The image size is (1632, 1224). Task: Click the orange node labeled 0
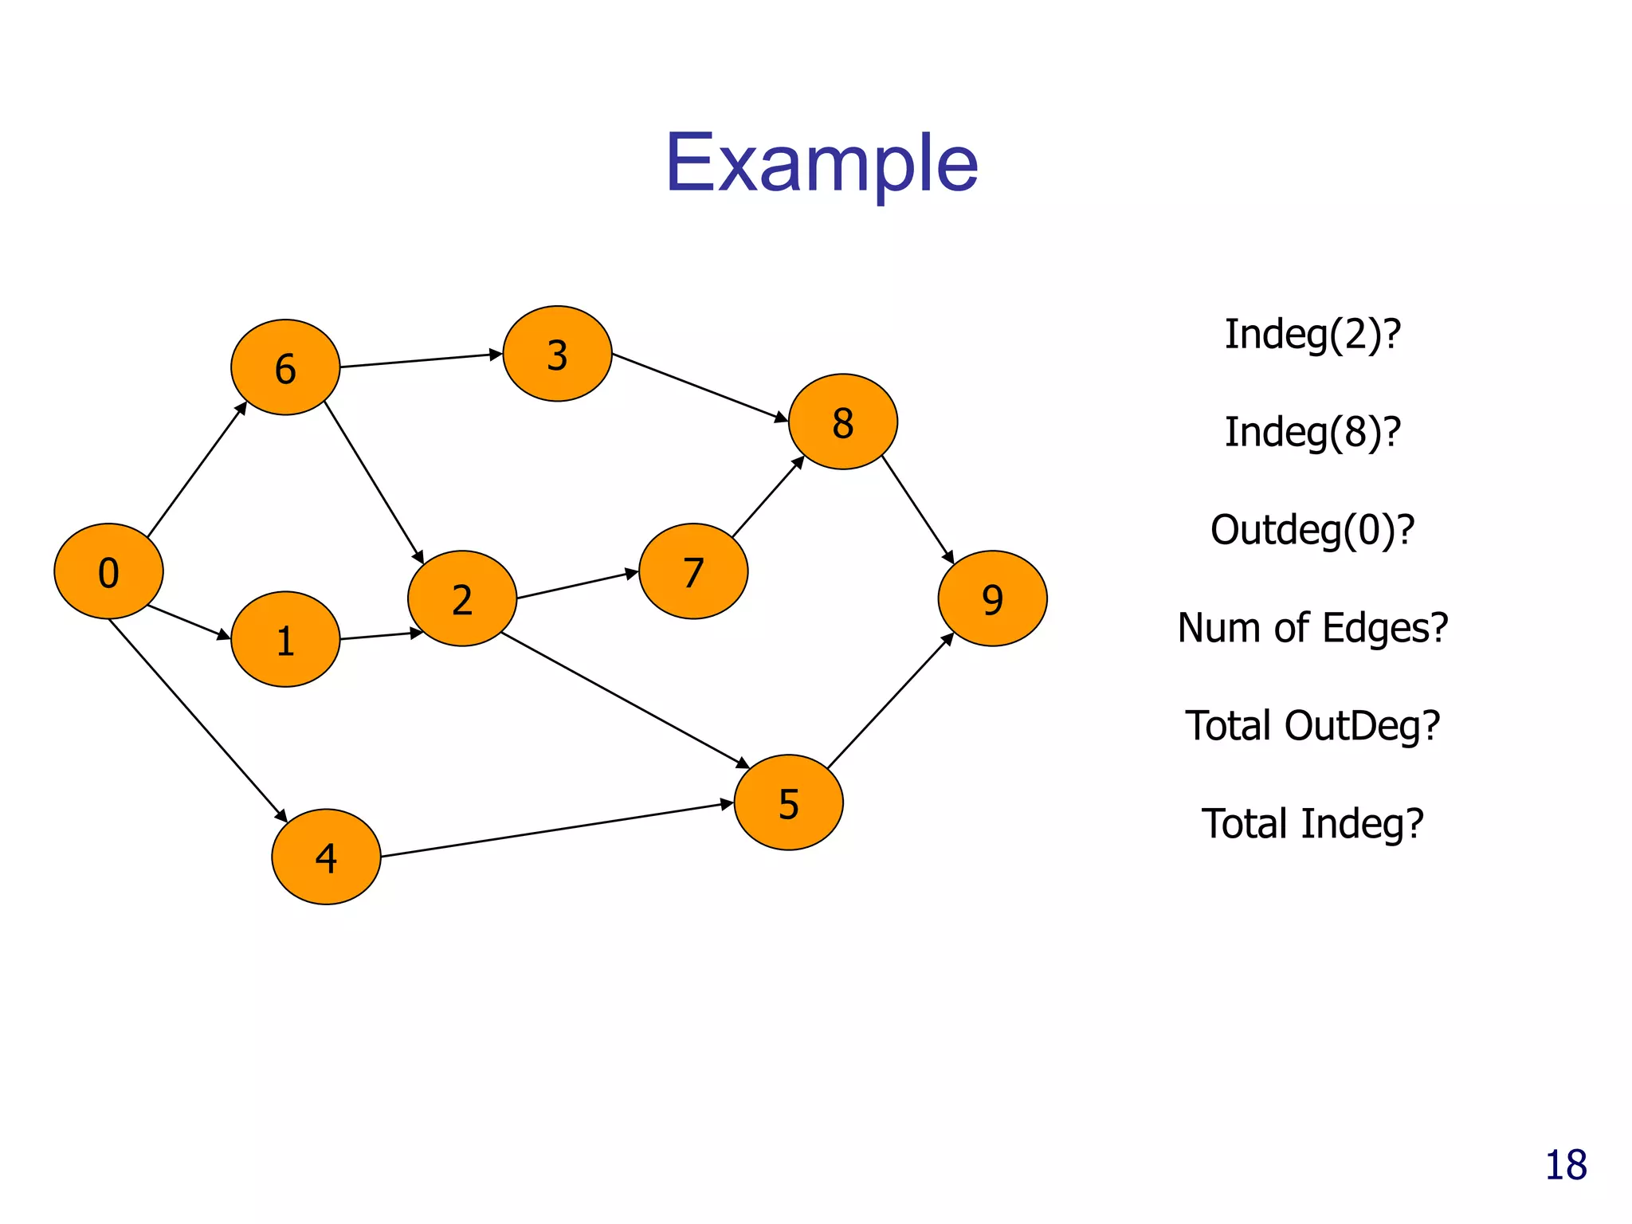[x=108, y=571]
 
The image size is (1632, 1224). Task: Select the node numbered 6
[x=285, y=367]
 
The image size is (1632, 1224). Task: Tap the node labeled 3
[x=557, y=354]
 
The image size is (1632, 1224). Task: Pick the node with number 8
[x=842, y=422]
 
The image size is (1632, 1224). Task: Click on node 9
[x=992, y=598]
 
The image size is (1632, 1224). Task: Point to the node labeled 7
[x=693, y=571]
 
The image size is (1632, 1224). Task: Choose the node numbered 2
[x=462, y=598]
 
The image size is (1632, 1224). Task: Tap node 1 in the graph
[x=285, y=639]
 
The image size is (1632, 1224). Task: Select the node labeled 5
[x=788, y=802]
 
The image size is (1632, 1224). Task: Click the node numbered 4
[x=326, y=857]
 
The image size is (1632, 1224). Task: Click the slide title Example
[x=821, y=163]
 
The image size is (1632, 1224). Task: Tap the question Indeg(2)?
[x=1312, y=334]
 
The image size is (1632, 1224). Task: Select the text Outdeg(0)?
[x=1312, y=530]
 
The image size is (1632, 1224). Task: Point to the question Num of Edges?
[x=1312, y=628]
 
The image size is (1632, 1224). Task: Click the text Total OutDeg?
[x=1312, y=726]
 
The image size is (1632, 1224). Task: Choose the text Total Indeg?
[x=1312, y=824]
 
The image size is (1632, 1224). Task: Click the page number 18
[x=1565, y=1166]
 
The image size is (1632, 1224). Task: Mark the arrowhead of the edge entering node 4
[x=281, y=815]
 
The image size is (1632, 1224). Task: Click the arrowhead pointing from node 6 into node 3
[x=496, y=354]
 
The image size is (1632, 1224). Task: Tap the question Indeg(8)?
[x=1312, y=432]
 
